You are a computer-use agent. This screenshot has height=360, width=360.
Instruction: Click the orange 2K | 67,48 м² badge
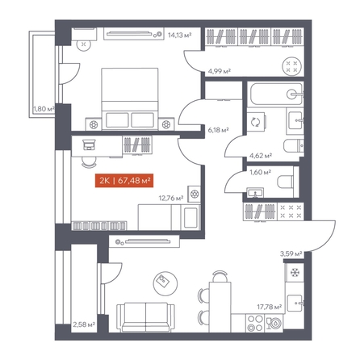click(124, 180)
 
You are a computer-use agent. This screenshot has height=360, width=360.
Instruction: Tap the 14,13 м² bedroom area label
click(180, 35)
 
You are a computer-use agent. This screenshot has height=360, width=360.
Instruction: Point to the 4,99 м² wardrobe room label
click(220, 71)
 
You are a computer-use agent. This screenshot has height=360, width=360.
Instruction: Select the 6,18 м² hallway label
click(218, 130)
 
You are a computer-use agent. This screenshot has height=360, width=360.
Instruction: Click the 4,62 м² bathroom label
click(261, 155)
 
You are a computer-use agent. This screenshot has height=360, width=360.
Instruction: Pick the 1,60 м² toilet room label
click(260, 172)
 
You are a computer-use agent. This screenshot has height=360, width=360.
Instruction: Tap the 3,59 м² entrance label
click(291, 253)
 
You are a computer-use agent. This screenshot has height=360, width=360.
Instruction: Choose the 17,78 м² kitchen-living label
click(270, 307)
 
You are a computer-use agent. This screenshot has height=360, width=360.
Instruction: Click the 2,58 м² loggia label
click(84, 324)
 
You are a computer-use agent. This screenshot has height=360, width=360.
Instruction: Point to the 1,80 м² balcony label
click(44, 109)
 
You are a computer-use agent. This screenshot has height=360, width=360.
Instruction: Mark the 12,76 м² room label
click(171, 199)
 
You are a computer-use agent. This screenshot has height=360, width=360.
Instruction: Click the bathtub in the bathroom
click(275, 94)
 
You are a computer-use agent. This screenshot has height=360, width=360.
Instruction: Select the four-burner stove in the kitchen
click(255, 323)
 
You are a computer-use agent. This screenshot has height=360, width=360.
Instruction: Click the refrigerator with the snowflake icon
click(295, 273)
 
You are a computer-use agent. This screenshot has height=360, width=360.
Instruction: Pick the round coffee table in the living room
click(165, 283)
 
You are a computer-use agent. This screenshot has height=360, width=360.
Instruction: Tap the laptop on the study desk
click(89, 144)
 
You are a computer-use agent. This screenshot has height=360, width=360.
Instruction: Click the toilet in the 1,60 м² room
click(285, 182)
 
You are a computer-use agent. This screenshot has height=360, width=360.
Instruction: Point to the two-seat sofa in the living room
click(145, 317)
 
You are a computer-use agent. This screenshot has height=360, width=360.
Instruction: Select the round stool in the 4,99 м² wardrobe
click(291, 66)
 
